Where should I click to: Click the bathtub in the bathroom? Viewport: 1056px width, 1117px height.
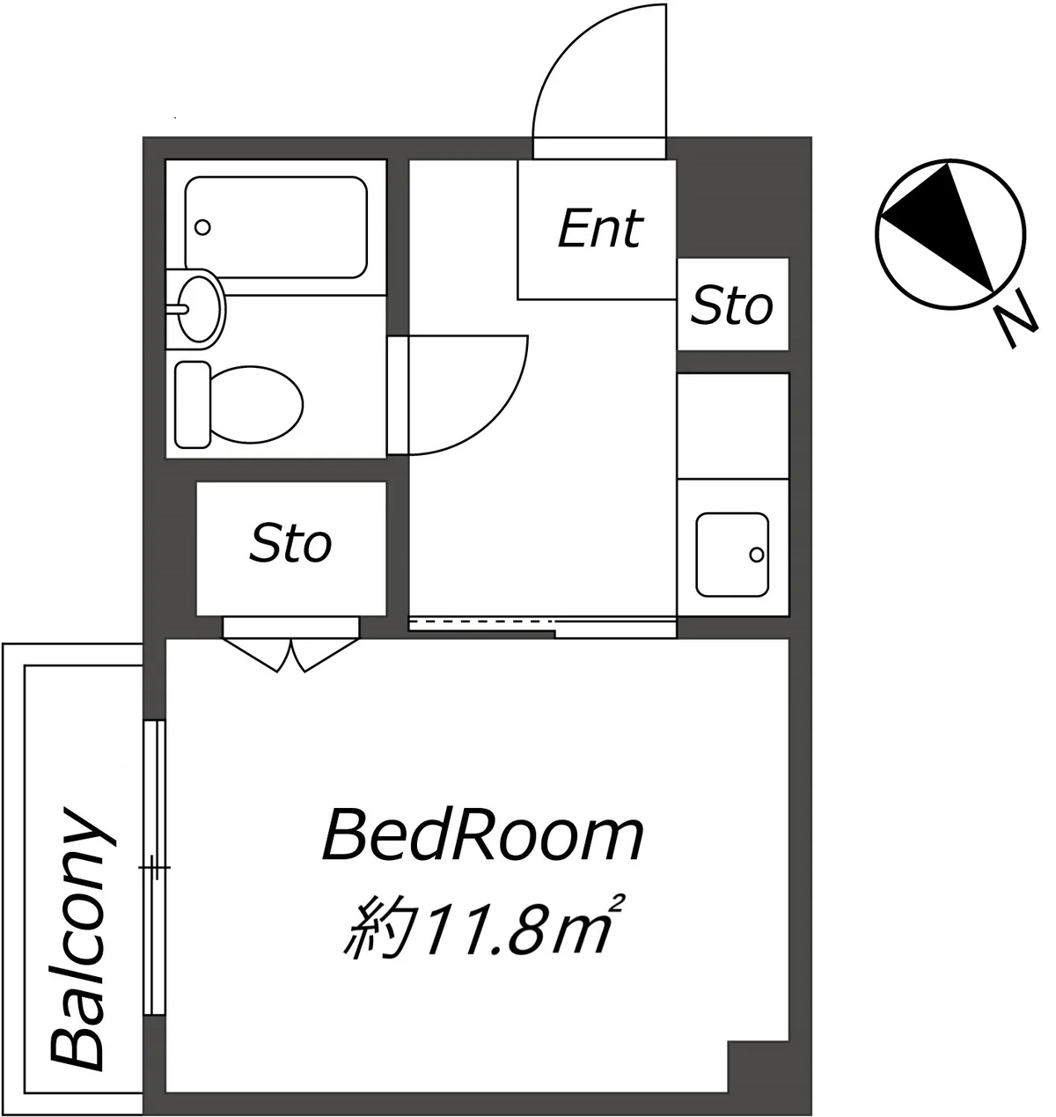point(275,227)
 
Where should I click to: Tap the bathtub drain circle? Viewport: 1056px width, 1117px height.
point(202,227)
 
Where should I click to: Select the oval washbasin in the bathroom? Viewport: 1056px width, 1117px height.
point(198,309)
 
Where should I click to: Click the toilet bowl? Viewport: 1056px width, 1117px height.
point(255,405)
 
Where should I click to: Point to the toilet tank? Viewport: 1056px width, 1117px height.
point(193,405)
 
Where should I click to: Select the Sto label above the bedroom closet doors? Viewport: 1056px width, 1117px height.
point(290,544)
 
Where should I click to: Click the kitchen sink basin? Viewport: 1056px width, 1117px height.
point(732,555)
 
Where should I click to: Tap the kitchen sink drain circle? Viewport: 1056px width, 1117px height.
point(757,555)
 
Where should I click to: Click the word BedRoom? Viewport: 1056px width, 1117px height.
point(483,837)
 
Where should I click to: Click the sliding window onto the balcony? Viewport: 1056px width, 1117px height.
point(154,867)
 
